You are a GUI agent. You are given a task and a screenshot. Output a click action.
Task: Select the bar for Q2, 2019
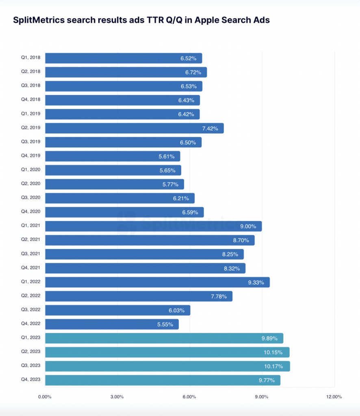[134, 128]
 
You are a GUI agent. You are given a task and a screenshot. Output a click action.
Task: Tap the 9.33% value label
[256, 282]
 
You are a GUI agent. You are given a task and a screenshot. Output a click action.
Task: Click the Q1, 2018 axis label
[31, 58]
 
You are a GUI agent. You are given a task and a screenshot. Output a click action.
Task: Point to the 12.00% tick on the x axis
[334, 396]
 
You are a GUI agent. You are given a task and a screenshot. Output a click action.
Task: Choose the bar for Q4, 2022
[112, 324]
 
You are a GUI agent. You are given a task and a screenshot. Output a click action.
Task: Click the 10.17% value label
[273, 366]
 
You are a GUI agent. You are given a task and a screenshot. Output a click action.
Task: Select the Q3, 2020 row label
[31, 198]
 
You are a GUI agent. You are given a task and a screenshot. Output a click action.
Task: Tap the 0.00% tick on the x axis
[45, 396]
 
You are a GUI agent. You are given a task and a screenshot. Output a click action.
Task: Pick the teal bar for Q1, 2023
[164, 338]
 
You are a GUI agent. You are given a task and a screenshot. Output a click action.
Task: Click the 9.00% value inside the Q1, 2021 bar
[248, 226]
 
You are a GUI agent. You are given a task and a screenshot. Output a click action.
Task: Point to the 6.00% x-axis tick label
[189, 396]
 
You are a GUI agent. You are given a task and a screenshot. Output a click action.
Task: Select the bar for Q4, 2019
[113, 156]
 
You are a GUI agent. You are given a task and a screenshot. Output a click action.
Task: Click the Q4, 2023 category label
[31, 380]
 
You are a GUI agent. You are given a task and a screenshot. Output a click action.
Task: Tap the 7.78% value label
[219, 296]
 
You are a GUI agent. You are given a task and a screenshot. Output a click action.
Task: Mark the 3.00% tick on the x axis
[117, 396]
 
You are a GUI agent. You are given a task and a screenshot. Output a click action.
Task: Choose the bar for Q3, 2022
[117, 310]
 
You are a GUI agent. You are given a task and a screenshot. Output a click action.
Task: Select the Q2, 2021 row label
[31, 240]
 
